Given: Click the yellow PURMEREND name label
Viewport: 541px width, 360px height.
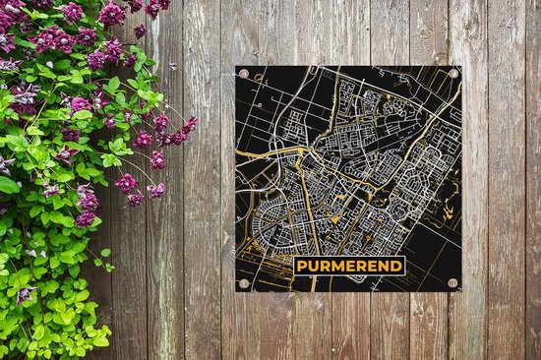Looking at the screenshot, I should pos(348,265).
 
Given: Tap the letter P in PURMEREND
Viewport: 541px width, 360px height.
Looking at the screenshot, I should pos(301,265).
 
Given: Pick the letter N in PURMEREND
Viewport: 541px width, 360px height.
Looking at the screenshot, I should pos(384,265).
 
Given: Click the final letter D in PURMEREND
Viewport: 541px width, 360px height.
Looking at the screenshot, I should pos(395,265).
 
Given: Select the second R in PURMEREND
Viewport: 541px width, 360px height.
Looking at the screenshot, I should pos(361,265).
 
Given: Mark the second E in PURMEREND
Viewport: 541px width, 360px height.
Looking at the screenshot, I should pos(372,265).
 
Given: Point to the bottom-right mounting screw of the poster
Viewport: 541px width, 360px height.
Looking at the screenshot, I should pos(453,284).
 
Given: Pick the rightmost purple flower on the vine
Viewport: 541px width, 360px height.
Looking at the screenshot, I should pos(189,125).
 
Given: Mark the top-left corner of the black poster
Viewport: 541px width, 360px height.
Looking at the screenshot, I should pos(236,66).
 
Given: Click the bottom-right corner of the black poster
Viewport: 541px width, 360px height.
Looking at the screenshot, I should pos(461,291).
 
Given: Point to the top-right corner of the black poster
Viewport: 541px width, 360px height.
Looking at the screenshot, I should pos(461,66).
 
